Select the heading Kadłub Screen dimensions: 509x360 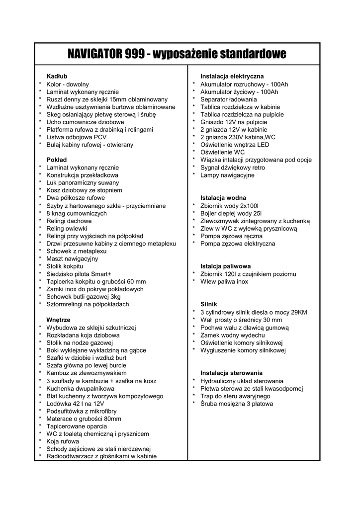[57, 77]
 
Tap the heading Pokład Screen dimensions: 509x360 [57, 160]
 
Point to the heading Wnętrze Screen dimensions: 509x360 [58, 320]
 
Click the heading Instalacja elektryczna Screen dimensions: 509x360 [232, 77]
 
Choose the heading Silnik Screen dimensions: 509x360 [209, 304]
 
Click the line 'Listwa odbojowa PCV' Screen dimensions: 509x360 [77, 137]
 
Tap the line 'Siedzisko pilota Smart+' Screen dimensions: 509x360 [79, 274]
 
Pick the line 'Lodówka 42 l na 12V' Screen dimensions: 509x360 [75, 404]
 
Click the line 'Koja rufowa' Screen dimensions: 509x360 [63, 441]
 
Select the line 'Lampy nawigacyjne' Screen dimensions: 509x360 [227, 175]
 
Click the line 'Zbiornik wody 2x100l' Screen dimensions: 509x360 [230, 205]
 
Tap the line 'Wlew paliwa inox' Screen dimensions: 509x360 [224, 281]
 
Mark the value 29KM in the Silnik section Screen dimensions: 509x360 [298, 312]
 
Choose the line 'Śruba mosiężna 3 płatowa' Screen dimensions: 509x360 [237, 404]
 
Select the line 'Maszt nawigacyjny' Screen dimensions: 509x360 [72, 259]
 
